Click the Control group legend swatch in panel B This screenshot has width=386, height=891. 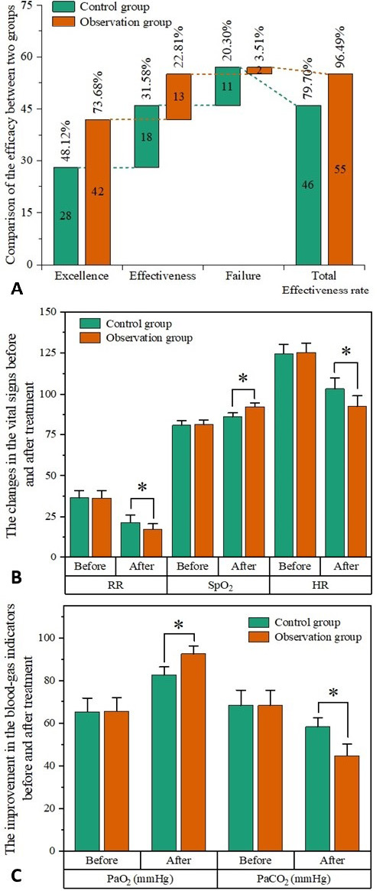[89, 324]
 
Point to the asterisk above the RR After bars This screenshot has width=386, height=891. [141, 487]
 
